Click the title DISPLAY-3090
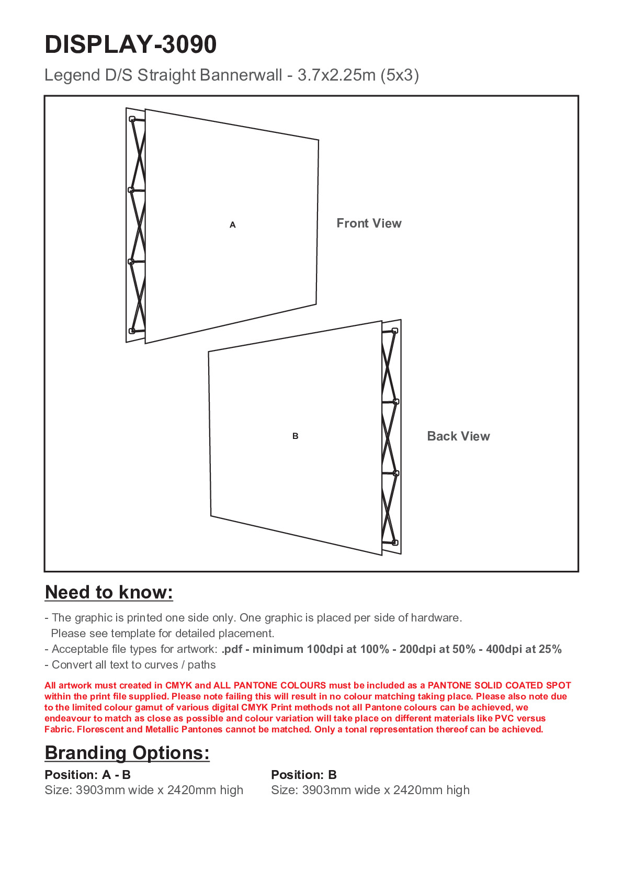[131, 44]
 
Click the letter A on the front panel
[233, 225]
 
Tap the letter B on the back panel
[296, 436]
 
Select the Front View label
[369, 223]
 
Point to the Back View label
[458, 436]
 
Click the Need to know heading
[109, 592]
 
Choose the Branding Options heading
[127, 753]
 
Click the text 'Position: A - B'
[87, 775]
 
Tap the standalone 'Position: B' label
[304, 775]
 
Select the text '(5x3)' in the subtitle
[400, 75]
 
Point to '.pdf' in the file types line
[232, 649]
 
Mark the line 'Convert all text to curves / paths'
[130, 665]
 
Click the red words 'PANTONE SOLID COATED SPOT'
[499, 685]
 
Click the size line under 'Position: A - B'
[144, 790]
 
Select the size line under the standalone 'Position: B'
[370, 790]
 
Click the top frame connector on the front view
[132, 119]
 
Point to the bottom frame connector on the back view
[395, 543]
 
